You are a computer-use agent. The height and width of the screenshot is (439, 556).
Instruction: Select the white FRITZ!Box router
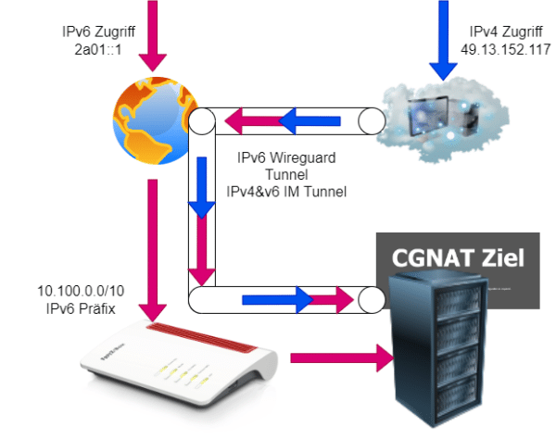tap(171, 361)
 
